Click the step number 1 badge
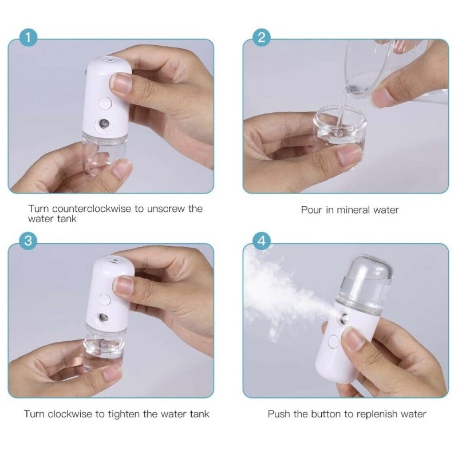[x=28, y=38]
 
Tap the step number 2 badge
[x=262, y=38]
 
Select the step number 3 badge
[x=28, y=241]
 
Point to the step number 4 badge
[x=262, y=241]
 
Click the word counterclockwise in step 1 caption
[x=92, y=209]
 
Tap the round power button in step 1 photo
[x=105, y=103]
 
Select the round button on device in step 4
[x=333, y=342]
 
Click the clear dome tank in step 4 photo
[x=365, y=281]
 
